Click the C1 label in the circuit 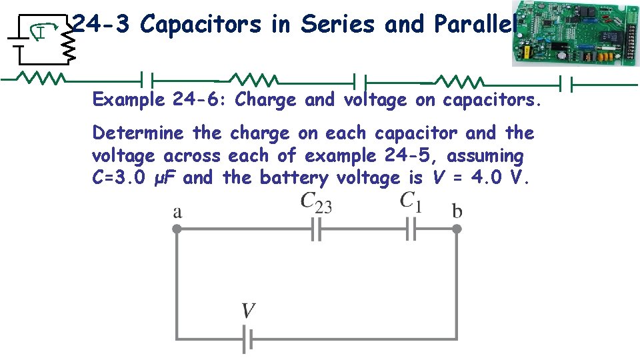(411, 201)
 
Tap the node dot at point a (176, 229)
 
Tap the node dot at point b (457, 229)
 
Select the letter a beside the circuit (177, 212)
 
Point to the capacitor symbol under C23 (317, 230)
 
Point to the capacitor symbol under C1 (411, 230)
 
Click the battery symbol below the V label (247, 339)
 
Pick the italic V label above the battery (248, 311)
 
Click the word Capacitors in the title (201, 25)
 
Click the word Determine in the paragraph (139, 133)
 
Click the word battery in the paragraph (295, 179)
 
